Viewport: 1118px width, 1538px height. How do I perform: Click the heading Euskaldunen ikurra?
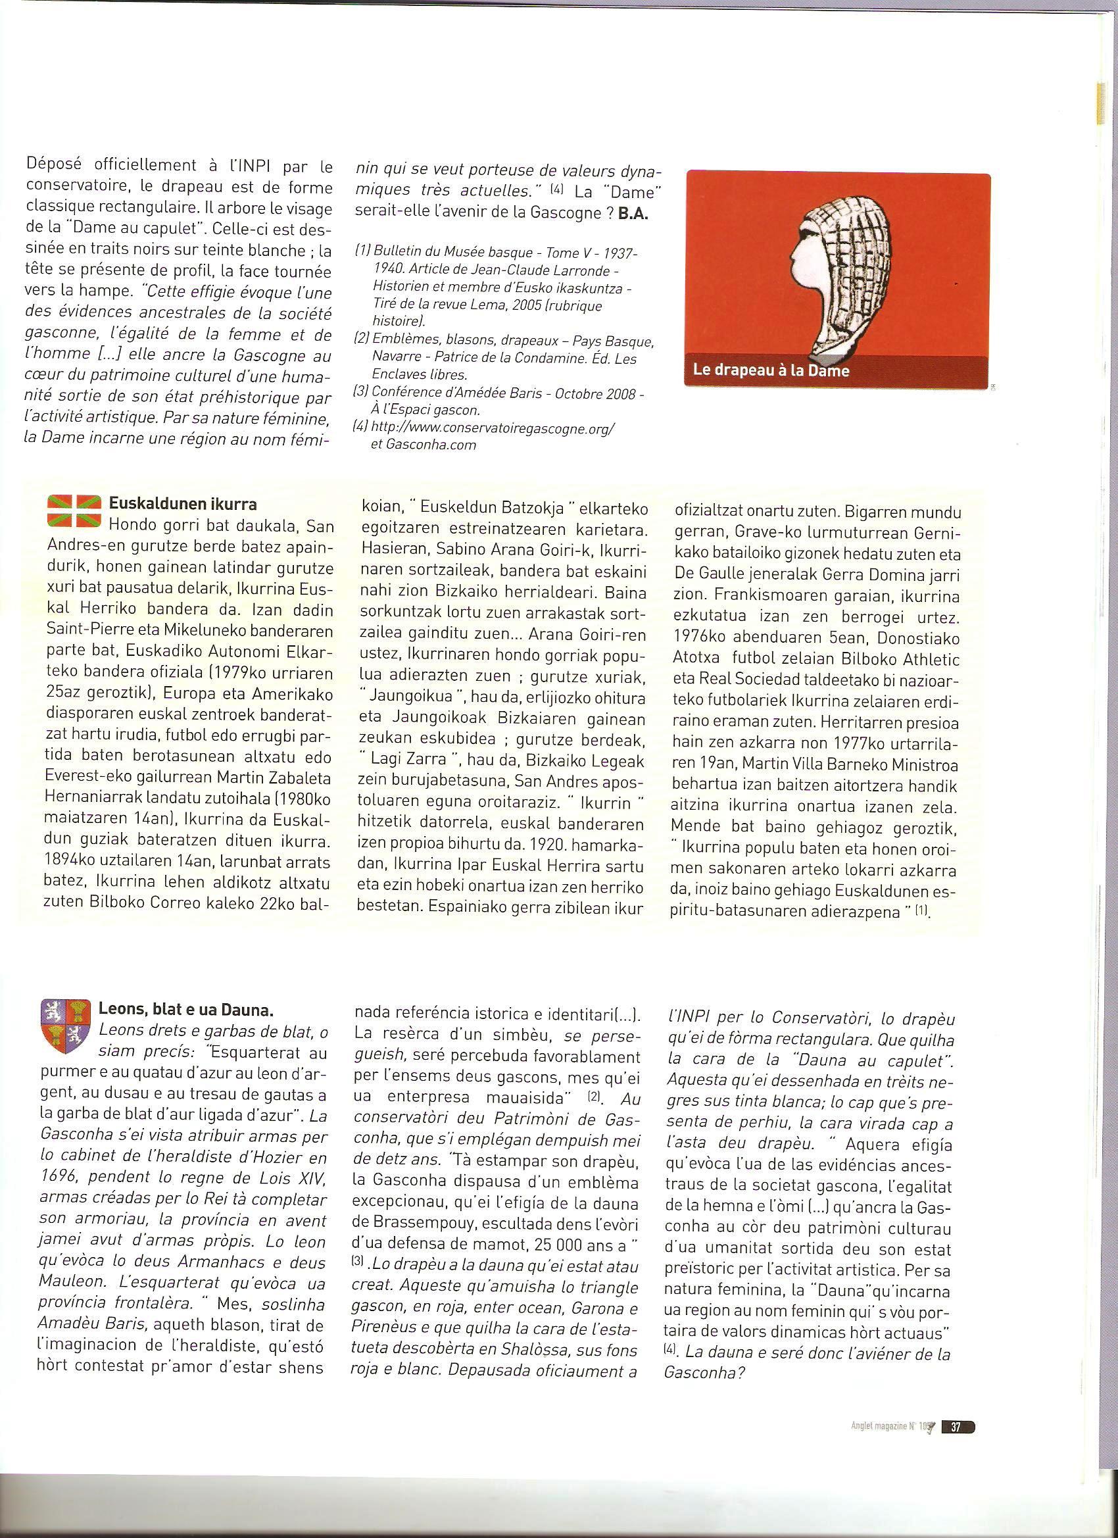point(182,504)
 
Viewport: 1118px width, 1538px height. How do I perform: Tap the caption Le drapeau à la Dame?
point(771,371)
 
